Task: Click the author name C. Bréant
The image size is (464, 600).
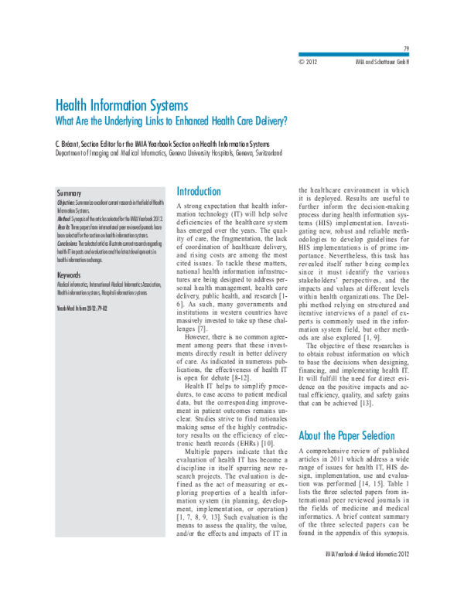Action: pyautogui.click(x=71, y=144)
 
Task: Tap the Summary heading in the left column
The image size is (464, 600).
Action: pyautogui.click(x=70, y=191)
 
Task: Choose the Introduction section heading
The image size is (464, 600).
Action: pyautogui.click(x=199, y=192)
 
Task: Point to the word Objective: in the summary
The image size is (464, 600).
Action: pyautogui.click(x=70, y=201)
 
